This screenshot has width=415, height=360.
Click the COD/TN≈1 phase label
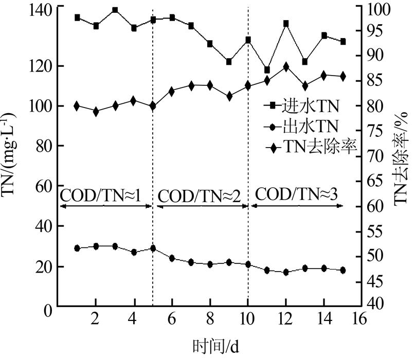click(101, 195)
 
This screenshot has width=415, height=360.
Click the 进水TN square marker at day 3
click(115, 10)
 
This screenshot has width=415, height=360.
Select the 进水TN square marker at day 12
click(286, 24)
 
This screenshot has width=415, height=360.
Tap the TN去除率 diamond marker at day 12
click(286, 67)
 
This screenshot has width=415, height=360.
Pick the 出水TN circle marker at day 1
click(77, 248)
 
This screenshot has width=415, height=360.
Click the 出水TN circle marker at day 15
click(343, 270)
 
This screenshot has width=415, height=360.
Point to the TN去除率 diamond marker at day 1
click(77, 106)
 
